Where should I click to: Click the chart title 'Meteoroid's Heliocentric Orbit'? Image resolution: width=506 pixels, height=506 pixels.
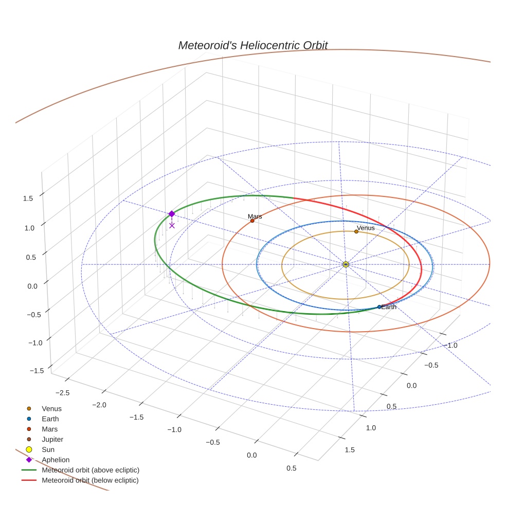[x=252, y=45]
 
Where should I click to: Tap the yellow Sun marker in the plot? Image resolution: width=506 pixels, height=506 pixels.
[x=346, y=264]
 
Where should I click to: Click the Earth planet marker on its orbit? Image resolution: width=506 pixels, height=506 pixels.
[x=380, y=307]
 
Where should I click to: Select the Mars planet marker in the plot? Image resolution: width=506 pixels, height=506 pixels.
[x=252, y=221]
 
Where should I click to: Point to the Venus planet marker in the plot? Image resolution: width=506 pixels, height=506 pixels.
[x=356, y=231]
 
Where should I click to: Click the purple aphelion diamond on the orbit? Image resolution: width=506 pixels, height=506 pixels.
[x=172, y=214]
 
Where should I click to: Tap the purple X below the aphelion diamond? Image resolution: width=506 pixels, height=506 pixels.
[x=172, y=225]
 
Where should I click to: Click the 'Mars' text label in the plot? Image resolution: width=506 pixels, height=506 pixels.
[x=255, y=216]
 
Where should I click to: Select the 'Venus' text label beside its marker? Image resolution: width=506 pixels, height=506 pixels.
[x=366, y=228]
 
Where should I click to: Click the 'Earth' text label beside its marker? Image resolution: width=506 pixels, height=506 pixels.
[x=389, y=307]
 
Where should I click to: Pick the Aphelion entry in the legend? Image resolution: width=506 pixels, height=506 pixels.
[x=55, y=460]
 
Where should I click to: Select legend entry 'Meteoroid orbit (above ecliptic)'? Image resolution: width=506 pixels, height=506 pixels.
[x=91, y=470]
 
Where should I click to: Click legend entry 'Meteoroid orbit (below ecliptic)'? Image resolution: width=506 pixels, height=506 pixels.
[x=90, y=480]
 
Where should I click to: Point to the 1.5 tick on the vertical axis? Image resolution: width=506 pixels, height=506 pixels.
[x=28, y=198]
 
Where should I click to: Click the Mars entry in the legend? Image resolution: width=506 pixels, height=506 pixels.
[x=49, y=429]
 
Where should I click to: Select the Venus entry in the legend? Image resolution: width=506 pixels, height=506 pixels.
[x=51, y=408]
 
